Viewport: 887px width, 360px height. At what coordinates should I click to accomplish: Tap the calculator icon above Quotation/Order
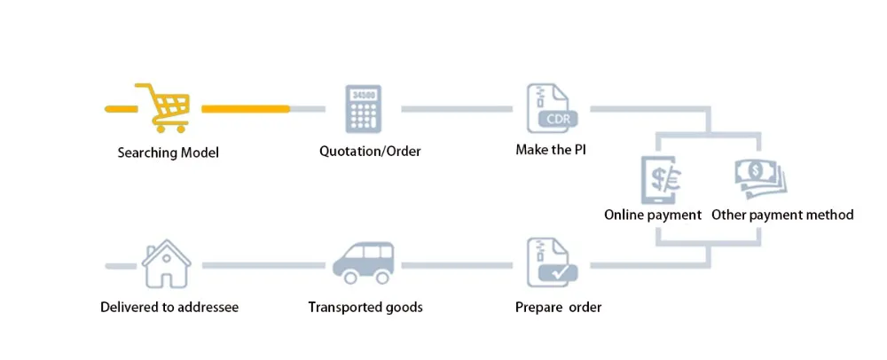click(364, 109)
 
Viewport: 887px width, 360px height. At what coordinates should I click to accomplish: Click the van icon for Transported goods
click(364, 262)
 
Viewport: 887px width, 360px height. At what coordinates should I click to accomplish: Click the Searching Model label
click(168, 153)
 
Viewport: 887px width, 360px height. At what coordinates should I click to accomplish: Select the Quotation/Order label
click(370, 151)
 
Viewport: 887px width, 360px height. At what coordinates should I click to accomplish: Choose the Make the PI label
click(551, 150)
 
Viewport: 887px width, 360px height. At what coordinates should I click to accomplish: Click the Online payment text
click(653, 215)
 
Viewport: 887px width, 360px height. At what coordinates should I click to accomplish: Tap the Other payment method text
click(782, 215)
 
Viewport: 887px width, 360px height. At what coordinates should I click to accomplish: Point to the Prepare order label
click(558, 308)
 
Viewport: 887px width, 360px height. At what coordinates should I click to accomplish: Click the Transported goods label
click(365, 308)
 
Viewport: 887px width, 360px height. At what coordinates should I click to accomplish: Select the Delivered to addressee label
click(169, 308)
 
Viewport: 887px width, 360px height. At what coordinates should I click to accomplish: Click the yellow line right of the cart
click(245, 109)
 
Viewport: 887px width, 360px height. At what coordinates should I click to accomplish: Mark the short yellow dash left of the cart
click(120, 109)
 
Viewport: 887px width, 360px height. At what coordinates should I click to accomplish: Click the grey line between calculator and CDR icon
click(456, 109)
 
